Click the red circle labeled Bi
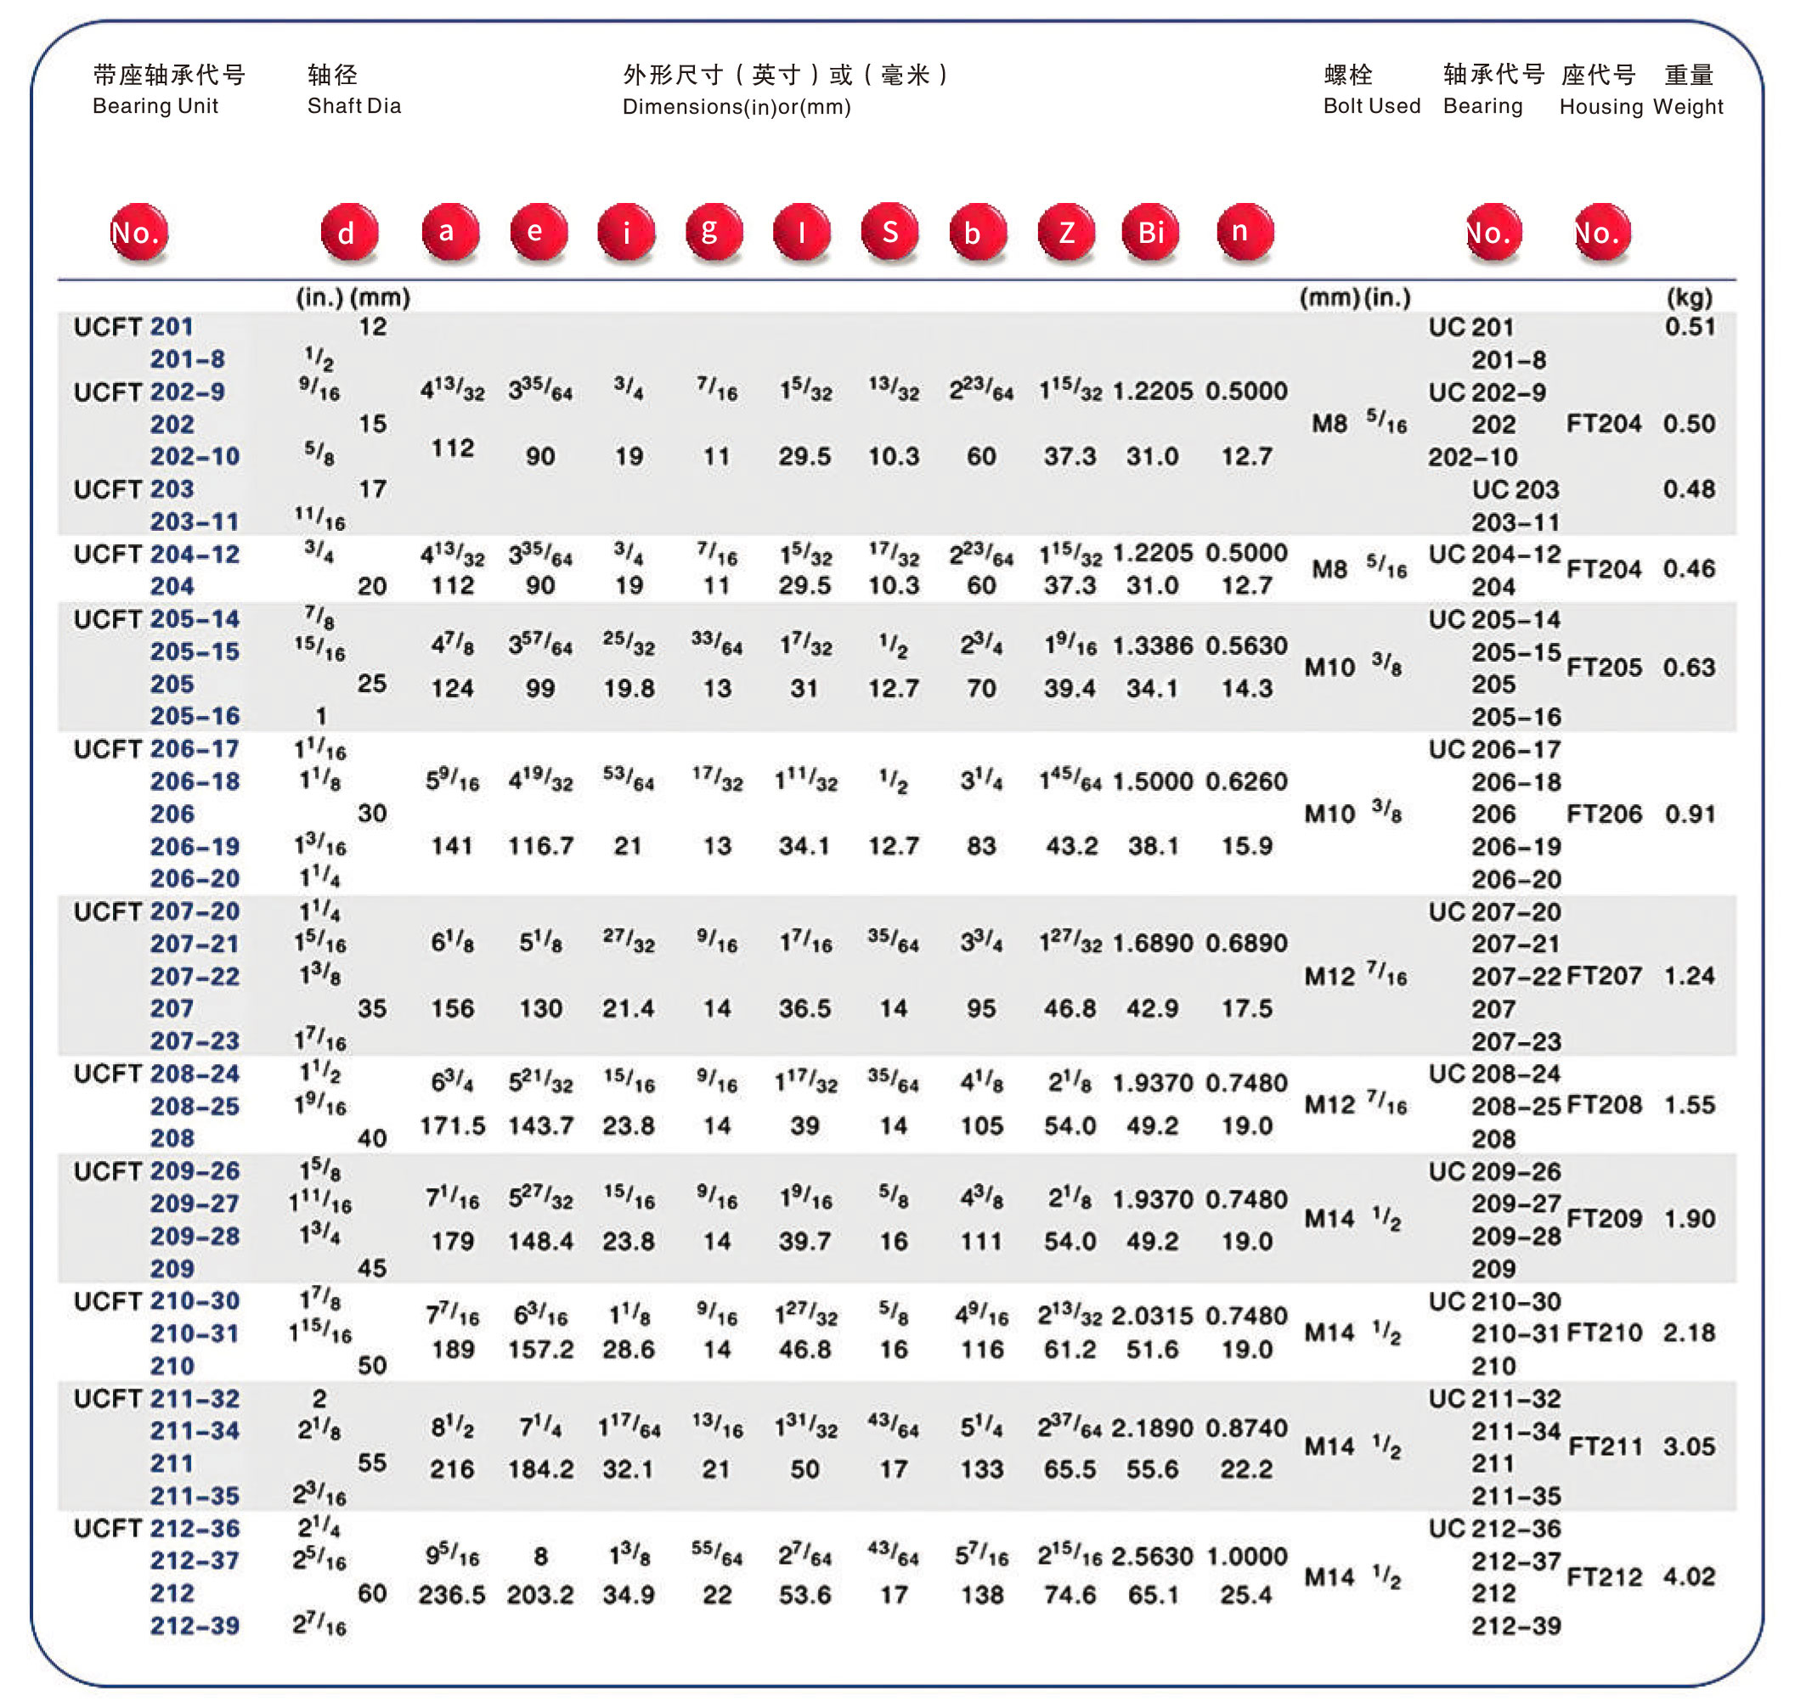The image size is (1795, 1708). tap(1150, 232)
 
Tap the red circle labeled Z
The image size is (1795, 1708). tap(1065, 232)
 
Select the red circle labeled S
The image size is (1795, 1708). tap(889, 232)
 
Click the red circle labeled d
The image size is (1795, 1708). tap(349, 232)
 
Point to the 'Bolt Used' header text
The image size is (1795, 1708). tap(1370, 105)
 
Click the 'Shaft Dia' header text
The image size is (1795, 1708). tap(354, 105)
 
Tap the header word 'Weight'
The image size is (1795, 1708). tap(1687, 106)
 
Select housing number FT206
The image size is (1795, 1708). tap(1604, 813)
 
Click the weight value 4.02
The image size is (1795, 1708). tap(1689, 1576)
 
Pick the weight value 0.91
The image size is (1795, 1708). tap(1690, 813)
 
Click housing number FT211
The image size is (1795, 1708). tap(1605, 1446)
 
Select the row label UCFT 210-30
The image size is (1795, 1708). tap(156, 1301)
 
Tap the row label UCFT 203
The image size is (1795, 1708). tap(134, 489)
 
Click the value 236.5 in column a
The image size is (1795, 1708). tap(452, 1594)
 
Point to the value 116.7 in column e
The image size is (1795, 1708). tap(540, 846)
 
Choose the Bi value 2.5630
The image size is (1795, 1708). tap(1152, 1556)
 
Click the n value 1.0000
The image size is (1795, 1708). tap(1246, 1556)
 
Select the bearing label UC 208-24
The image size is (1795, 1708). tap(1493, 1074)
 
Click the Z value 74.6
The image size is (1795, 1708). tap(1070, 1594)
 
